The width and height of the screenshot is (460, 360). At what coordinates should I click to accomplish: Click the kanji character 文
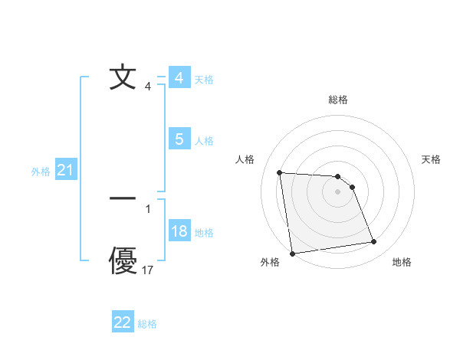(x=123, y=78)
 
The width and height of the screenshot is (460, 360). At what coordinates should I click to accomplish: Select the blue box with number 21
(x=65, y=171)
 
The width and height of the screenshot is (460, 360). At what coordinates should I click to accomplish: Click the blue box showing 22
(x=123, y=322)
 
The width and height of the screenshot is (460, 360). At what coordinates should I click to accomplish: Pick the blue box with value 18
(x=179, y=232)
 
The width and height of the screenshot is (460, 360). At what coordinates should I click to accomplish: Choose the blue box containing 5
(x=179, y=139)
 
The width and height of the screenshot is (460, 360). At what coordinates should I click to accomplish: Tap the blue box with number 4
(x=179, y=78)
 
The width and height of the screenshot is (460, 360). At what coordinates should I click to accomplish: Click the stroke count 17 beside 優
(x=148, y=270)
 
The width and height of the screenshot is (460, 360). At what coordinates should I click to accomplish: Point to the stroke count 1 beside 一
(x=148, y=208)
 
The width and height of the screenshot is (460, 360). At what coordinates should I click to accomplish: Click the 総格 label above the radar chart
(x=338, y=100)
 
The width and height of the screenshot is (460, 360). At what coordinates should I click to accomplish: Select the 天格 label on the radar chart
(x=432, y=159)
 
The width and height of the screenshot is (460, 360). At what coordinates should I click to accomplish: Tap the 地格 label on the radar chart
(x=402, y=262)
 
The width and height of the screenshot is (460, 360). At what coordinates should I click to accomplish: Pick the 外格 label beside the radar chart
(x=270, y=262)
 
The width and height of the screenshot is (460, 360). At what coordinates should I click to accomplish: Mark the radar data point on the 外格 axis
(x=292, y=254)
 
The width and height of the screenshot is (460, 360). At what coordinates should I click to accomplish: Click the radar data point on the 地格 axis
(x=374, y=242)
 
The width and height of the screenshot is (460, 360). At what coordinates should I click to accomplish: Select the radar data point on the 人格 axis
(x=279, y=172)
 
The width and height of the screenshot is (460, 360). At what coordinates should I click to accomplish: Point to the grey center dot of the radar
(x=338, y=192)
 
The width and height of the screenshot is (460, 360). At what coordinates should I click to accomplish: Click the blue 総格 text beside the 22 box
(x=147, y=324)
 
